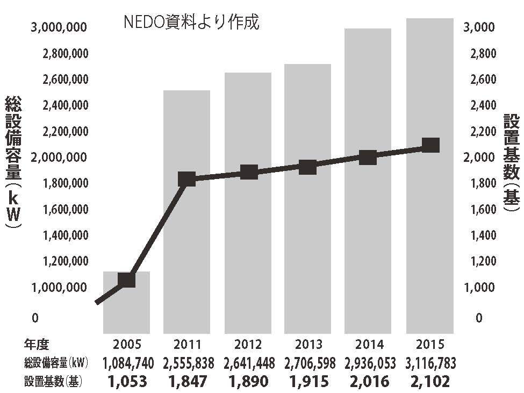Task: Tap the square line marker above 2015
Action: (x=430, y=145)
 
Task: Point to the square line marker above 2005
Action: (x=126, y=280)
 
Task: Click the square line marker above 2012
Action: (x=248, y=173)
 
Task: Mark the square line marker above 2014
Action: (x=368, y=158)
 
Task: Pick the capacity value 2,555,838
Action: (x=188, y=363)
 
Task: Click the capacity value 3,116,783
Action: (x=429, y=363)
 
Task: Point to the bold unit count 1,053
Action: (x=127, y=382)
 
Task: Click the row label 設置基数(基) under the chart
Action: (x=52, y=382)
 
